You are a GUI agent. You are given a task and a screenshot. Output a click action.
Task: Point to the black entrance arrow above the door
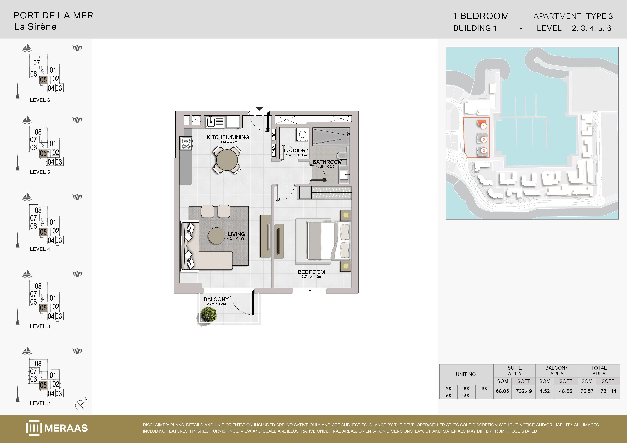259,108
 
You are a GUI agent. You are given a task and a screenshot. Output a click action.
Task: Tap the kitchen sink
215,122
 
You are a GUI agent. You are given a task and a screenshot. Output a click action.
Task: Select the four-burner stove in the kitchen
186,144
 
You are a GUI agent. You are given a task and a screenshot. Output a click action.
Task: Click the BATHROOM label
327,162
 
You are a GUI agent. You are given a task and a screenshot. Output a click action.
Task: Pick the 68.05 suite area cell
502,391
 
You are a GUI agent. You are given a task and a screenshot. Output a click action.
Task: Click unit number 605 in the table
466,395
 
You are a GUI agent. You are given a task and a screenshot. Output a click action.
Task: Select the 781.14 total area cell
608,391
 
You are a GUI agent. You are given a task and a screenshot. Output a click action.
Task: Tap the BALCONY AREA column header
557,371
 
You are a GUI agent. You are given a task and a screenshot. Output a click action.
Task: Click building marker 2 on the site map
484,140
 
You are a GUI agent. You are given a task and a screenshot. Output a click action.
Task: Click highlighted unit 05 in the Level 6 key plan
43,80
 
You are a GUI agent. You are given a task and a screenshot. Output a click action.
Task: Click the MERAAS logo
57,428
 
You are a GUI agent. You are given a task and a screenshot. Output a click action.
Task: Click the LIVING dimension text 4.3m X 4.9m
236,239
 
